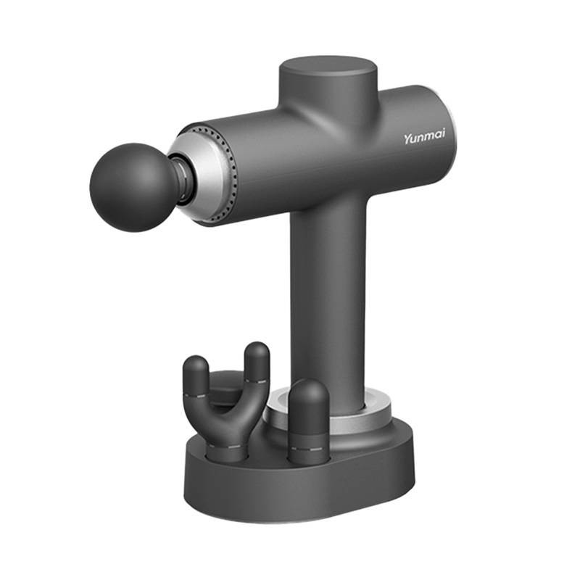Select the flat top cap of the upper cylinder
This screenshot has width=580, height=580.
click(328, 70)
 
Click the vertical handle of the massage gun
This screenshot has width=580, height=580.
click(328, 296)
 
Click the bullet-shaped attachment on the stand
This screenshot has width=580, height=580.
click(309, 422)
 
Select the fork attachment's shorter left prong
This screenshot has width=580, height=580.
click(196, 377)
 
